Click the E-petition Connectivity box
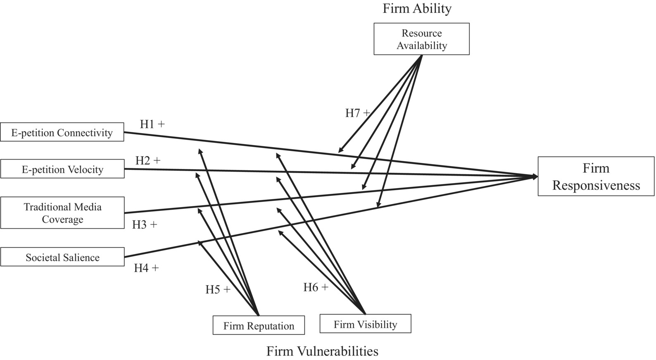pyautogui.click(x=62, y=132)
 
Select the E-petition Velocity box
pyautogui.click(x=62, y=169)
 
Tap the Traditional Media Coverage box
pyautogui.click(x=62, y=213)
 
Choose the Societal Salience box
pyautogui.click(x=62, y=257)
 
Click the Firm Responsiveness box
pyautogui.click(x=596, y=176)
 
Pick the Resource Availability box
pyautogui.click(x=421, y=39)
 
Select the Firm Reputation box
pyautogui.click(x=259, y=325)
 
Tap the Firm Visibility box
pyautogui.click(x=365, y=324)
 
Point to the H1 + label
pyautogui.click(x=152, y=124)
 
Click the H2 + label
pyautogui.click(x=147, y=160)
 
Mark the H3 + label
pyautogui.click(x=145, y=224)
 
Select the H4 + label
pyautogui.click(x=146, y=268)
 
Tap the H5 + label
pyautogui.click(x=218, y=289)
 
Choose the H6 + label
pyautogui.click(x=316, y=287)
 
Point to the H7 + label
pyautogui.click(x=357, y=113)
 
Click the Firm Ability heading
pyautogui.click(x=417, y=9)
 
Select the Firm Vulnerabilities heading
pyautogui.click(x=322, y=351)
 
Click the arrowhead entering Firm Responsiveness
pyautogui.click(x=535, y=176)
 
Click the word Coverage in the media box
pyautogui.click(x=62, y=219)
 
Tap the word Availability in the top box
pyautogui.click(x=421, y=45)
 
